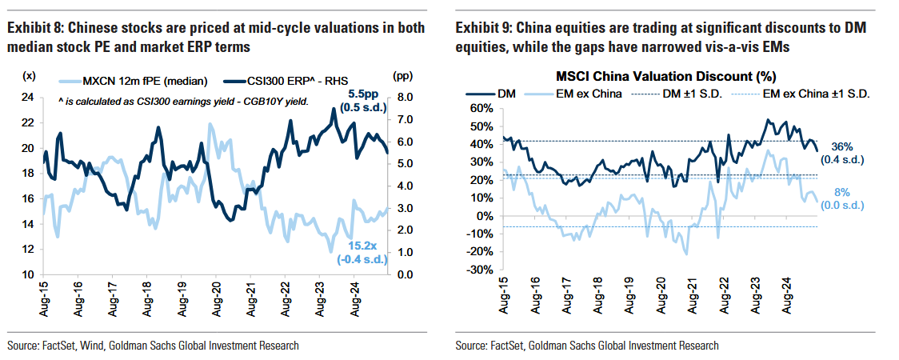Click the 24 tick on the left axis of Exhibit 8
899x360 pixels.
click(x=26, y=98)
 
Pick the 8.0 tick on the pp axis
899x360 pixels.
click(x=402, y=98)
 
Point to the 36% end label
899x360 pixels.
click(x=842, y=146)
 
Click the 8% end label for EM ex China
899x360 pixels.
click(x=842, y=192)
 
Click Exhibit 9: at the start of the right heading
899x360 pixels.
click(x=482, y=28)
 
